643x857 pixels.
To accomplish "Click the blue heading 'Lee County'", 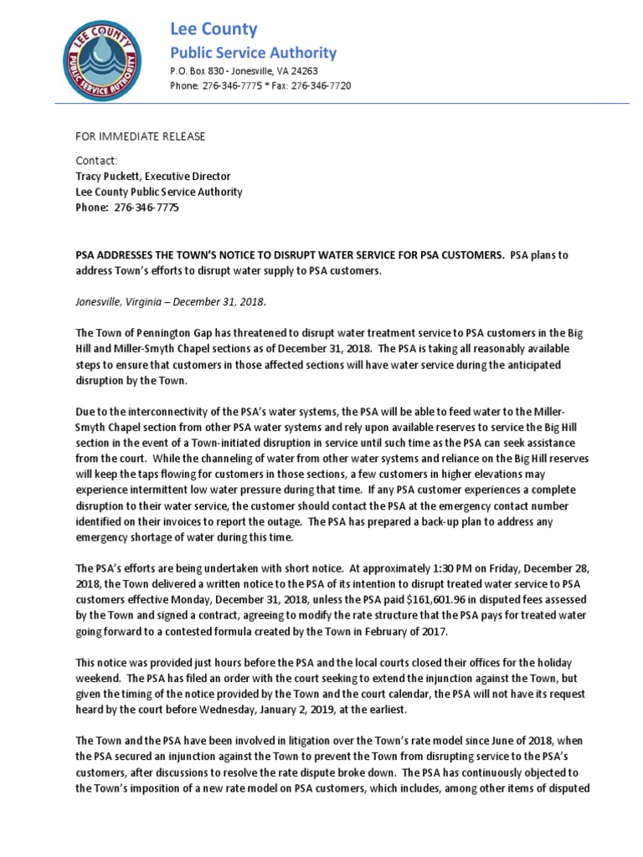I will coord(213,29).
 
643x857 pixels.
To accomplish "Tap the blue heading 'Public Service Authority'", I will coord(253,53).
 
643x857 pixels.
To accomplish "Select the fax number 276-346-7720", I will coord(321,86).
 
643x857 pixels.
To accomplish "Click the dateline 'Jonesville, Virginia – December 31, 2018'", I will coord(171,302).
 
